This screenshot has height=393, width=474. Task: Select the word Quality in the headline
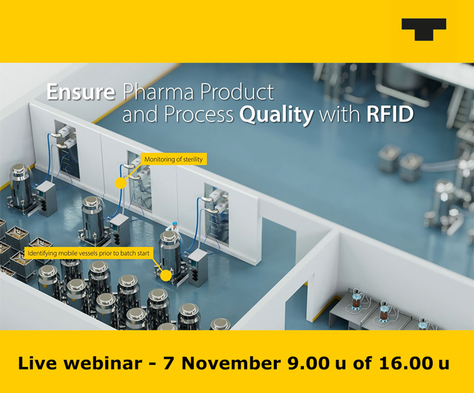pos(276,115)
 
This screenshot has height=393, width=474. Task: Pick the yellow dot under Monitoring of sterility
pos(121,183)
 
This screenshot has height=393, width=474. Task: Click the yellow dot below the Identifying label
pos(164,275)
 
